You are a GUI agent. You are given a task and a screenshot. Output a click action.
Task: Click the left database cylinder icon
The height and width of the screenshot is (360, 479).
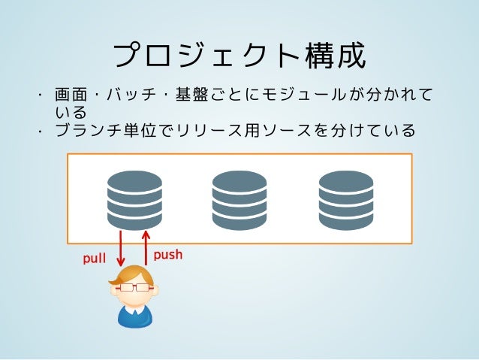coord(134,199)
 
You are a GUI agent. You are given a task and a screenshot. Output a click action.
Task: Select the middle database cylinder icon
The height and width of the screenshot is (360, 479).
coord(239,199)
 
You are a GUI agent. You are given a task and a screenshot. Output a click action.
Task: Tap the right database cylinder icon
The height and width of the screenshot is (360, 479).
coord(345,199)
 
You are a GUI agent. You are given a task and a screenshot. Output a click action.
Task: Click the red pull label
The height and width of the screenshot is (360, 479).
coord(94,259)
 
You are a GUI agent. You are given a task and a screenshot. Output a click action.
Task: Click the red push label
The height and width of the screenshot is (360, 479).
coord(168,255)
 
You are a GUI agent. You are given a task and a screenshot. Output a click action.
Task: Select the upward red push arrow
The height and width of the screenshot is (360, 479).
coord(145,248)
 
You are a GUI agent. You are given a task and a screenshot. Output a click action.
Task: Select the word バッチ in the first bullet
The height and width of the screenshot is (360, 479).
coord(128,96)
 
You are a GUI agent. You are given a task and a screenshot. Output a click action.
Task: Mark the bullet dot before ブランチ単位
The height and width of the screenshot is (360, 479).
coord(44,132)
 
